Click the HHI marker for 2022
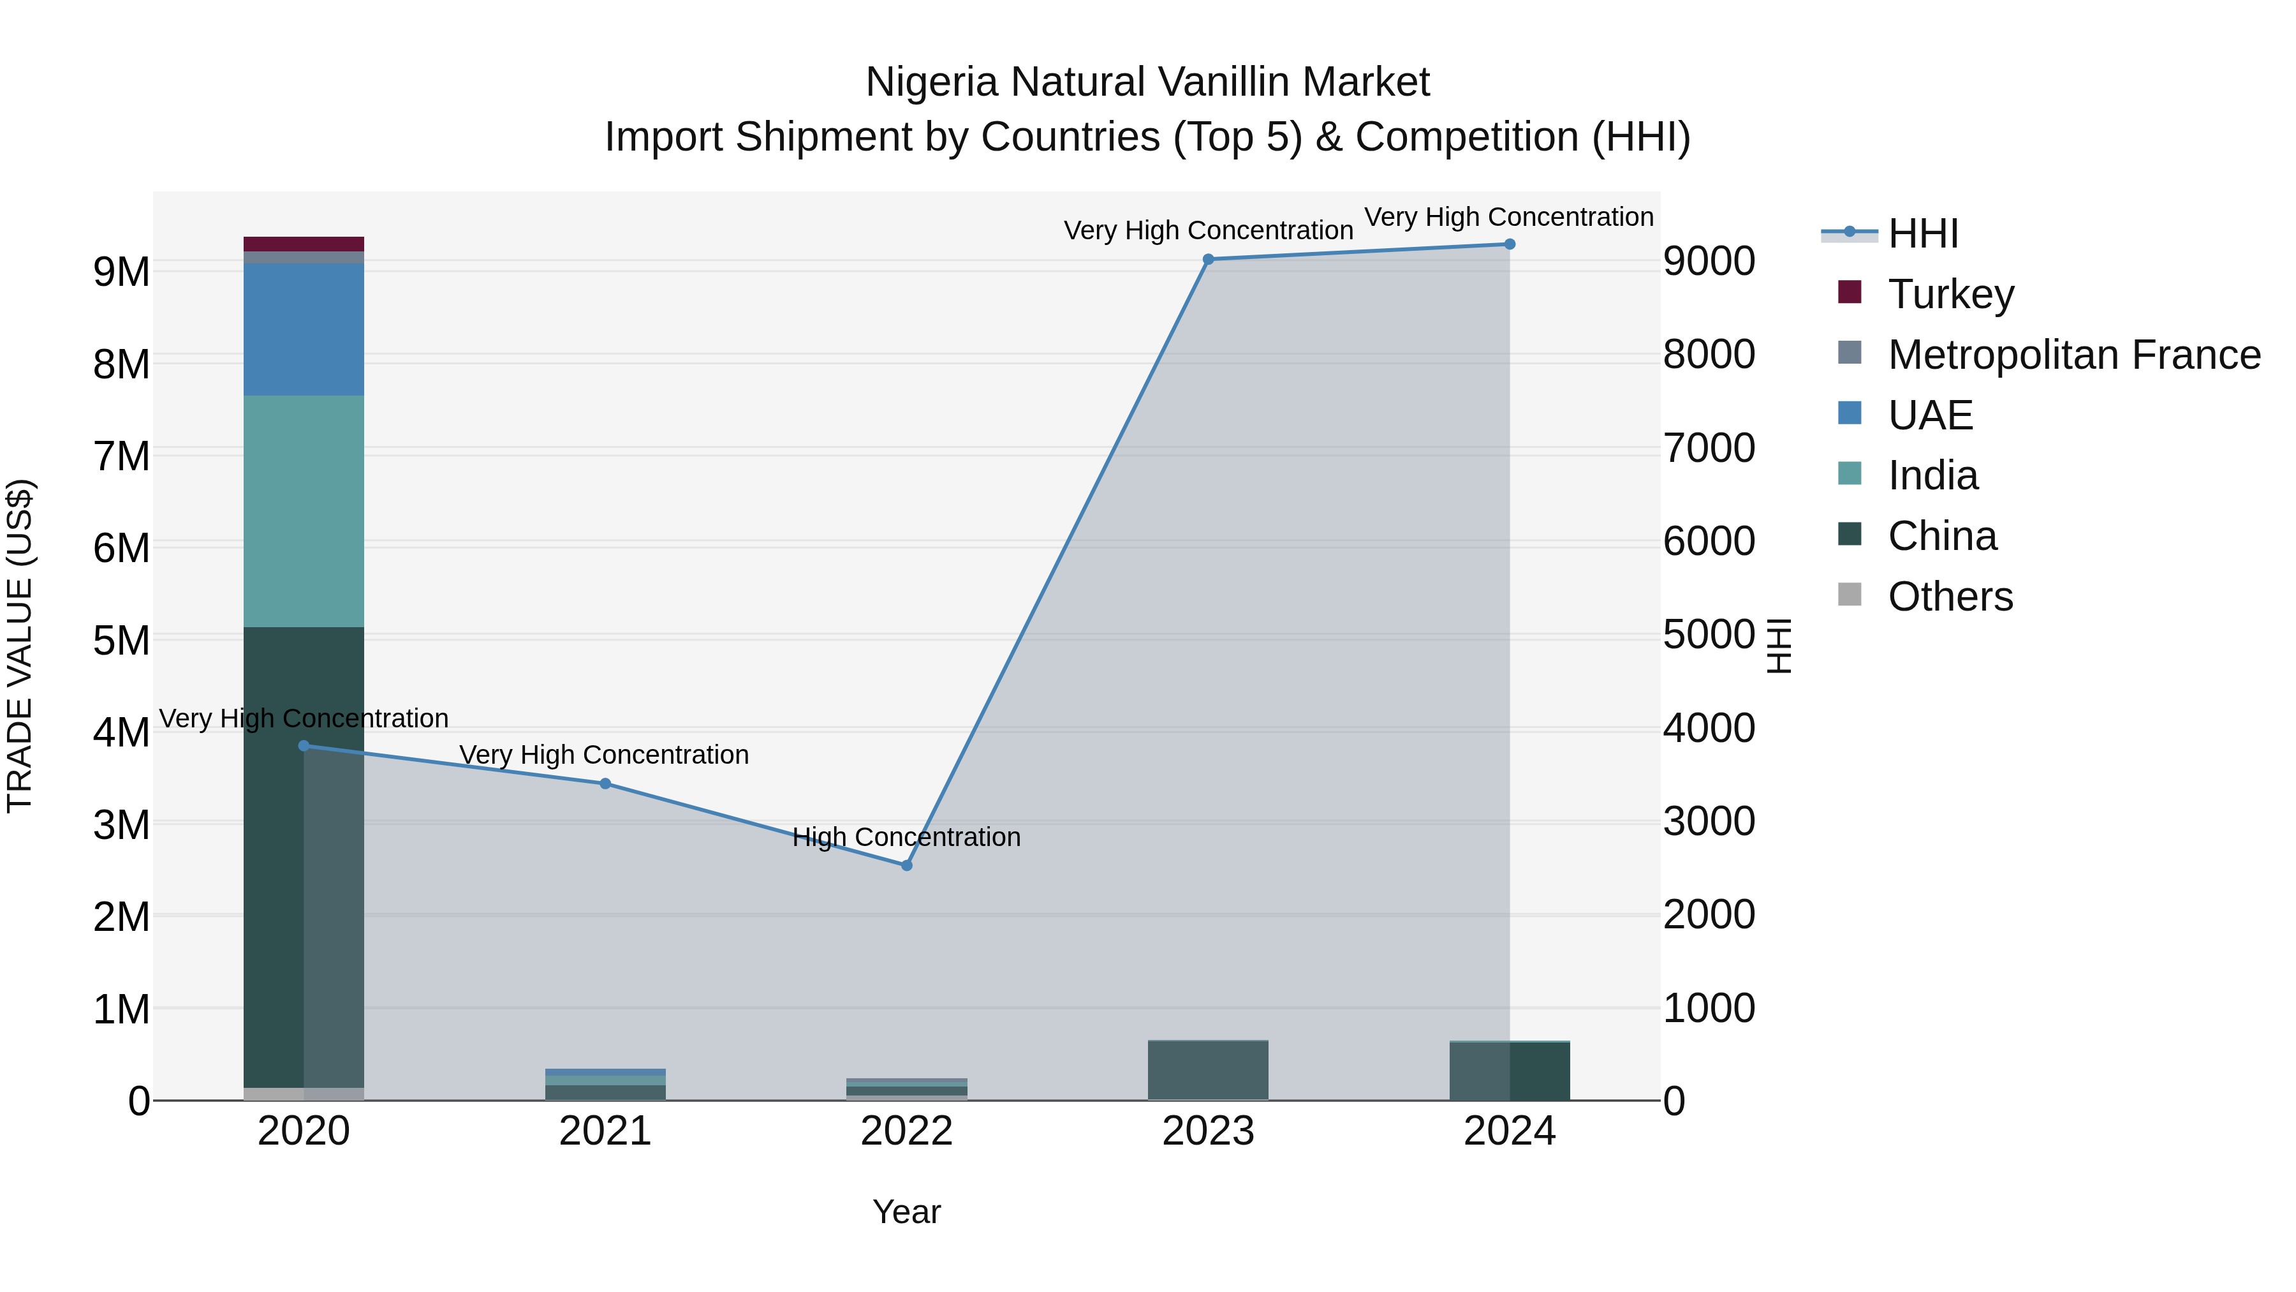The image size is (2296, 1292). [906, 865]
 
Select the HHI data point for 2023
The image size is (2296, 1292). [1208, 260]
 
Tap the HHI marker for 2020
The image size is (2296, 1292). [304, 745]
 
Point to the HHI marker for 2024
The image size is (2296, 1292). [1509, 244]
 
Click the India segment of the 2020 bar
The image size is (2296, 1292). [304, 511]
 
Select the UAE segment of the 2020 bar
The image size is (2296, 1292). [304, 329]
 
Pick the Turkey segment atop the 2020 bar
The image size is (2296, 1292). [304, 244]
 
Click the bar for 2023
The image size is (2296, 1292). [1208, 1070]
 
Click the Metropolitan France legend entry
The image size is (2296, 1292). [2073, 355]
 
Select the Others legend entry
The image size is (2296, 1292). [1949, 597]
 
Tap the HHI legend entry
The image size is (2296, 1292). [1922, 234]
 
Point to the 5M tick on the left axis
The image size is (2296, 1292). [121, 640]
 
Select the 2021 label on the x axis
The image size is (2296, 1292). [605, 1131]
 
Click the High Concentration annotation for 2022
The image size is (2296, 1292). [906, 837]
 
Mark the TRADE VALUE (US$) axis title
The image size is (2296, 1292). [20, 646]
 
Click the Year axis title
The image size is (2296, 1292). [906, 1212]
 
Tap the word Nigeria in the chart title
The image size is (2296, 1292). [931, 82]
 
